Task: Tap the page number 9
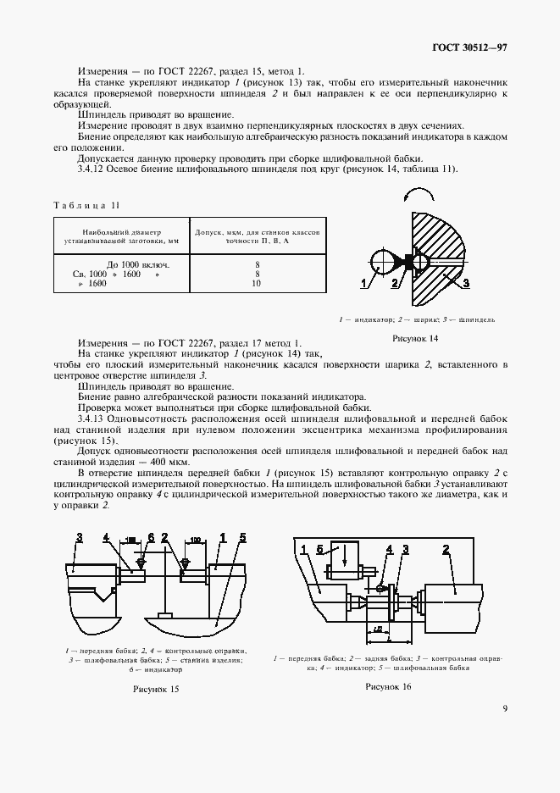(x=504, y=709)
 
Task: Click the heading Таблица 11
(x=88, y=205)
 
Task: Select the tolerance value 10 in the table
(x=256, y=284)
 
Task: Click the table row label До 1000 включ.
(x=135, y=265)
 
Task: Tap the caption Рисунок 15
(x=156, y=689)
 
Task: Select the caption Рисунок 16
(x=389, y=686)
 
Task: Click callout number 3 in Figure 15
(x=78, y=537)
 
